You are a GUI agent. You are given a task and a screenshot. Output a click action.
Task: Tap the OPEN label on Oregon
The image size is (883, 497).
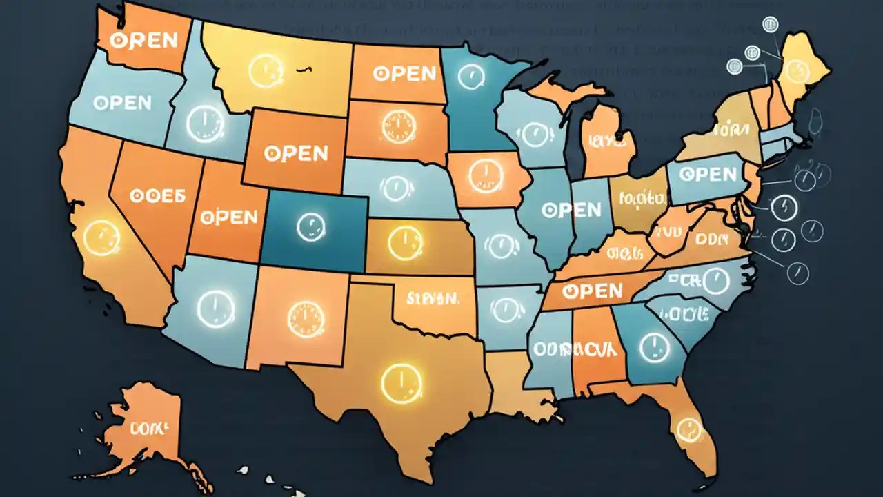click(x=121, y=103)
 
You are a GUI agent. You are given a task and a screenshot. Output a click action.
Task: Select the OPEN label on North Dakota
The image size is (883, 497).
click(x=404, y=73)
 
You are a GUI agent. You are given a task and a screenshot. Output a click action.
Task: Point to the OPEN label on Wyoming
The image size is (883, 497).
click(x=295, y=153)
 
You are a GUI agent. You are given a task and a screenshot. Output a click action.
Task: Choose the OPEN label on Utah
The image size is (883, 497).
click(x=228, y=217)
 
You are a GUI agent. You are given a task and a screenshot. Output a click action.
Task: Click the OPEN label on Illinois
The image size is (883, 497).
click(x=571, y=208)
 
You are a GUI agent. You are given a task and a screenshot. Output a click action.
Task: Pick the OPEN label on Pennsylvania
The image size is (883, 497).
click(x=707, y=174)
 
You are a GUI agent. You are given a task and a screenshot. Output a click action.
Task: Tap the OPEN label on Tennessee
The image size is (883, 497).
click(x=592, y=291)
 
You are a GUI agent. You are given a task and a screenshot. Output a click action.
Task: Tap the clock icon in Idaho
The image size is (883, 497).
click(x=205, y=125)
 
